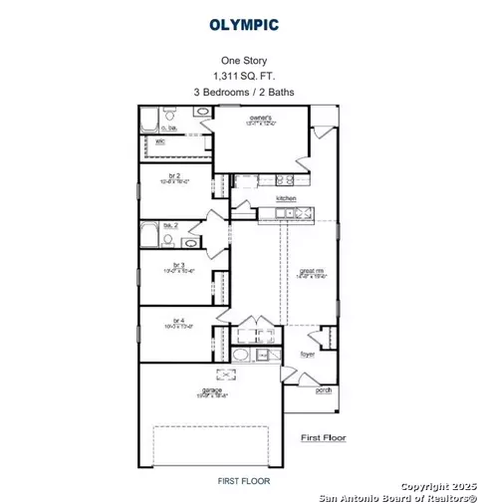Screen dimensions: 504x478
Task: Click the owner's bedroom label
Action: pos(261,118)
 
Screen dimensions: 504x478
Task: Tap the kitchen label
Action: pos(286,199)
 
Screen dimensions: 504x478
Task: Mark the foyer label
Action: pos(310,353)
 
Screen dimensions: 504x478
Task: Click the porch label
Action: pos(324,390)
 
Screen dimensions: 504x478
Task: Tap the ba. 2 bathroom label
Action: pos(171,226)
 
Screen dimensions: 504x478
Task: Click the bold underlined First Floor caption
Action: pos(323,436)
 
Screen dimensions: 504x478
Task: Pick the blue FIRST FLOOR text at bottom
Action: pos(243,481)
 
